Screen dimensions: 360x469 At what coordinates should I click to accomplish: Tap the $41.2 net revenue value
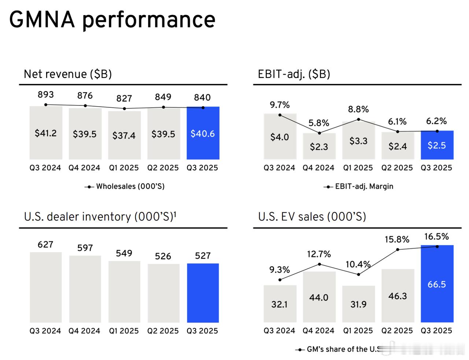[46, 133]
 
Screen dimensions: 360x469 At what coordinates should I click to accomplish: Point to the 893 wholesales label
[46, 94]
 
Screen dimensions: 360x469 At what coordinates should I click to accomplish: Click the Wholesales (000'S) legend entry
[130, 186]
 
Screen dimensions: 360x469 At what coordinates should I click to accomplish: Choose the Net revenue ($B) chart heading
[68, 74]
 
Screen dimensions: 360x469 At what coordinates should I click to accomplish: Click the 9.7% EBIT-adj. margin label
[280, 105]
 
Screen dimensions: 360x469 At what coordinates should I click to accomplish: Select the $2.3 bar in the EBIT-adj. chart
[319, 146]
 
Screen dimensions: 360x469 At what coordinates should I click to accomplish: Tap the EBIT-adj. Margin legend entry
[364, 186]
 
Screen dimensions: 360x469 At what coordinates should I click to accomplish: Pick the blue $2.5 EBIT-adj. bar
[437, 145]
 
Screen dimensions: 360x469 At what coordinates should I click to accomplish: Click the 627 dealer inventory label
[45, 245]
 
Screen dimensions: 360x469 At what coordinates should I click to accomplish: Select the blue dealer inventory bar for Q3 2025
[203, 293]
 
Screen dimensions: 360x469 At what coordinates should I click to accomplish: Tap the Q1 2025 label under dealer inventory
[124, 331]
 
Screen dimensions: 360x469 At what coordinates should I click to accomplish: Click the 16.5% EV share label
[436, 237]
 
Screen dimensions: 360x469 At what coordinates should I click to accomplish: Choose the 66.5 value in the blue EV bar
[437, 285]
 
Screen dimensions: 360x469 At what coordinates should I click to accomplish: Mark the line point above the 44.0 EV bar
[320, 264]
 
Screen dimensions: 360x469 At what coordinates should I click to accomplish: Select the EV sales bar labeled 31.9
[358, 304]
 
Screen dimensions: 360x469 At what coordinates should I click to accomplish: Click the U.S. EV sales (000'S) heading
[312, 217]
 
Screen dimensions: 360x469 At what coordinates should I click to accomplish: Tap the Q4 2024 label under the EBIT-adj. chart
[318, 168]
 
